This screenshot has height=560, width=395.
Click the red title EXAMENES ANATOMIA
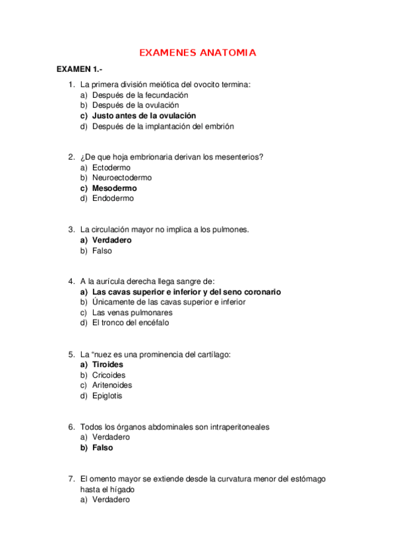click(x=198, y=53)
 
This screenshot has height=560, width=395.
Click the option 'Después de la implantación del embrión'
click(x=162, y=126)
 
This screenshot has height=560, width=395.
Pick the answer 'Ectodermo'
click(x=111, y=168)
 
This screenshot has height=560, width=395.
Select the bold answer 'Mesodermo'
click(x=115, y=188)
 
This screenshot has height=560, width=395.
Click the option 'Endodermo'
click(x=113, y=198)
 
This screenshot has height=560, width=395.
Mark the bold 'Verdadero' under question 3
click(x=111, y=240)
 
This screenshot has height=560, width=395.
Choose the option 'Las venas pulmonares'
click(x=132, y=312)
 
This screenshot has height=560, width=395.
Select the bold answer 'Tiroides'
click(x=107, y=365)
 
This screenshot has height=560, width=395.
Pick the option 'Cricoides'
click(x=109, y=375)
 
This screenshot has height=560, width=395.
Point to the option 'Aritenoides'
click(x=112, y=385)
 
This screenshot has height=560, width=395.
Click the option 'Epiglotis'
click(x=107, y=396)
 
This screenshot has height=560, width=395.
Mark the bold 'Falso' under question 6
click(x=102, y=448)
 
